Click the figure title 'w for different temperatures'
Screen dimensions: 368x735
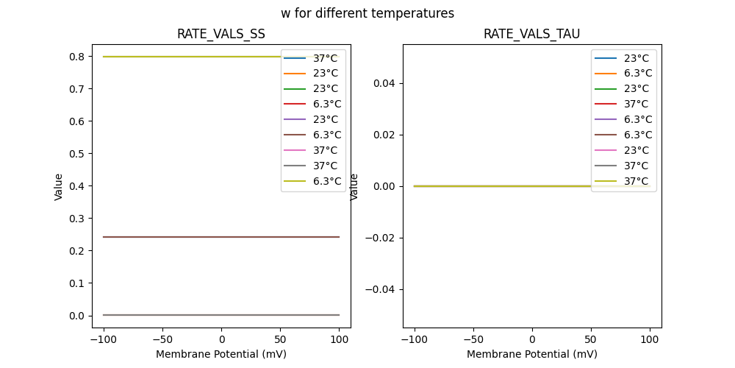[x=367, y=13]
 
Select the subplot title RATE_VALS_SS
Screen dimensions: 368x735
[x=221, y=34]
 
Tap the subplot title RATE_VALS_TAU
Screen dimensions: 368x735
[x=531, y=34]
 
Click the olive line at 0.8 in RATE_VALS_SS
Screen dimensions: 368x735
[x=184, y=57]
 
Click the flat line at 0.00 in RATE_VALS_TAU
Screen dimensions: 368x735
[x=500, y=186]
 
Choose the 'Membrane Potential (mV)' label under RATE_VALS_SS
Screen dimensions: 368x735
[x=221, y=354]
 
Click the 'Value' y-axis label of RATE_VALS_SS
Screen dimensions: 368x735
[x=59, y=186]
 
